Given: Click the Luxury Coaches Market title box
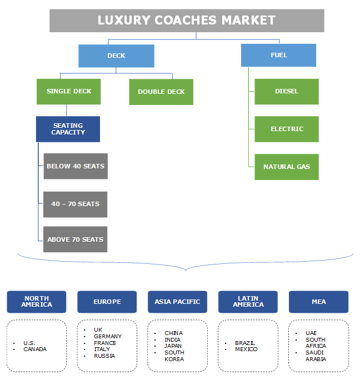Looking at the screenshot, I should pyautogui.click(x=187, y=21).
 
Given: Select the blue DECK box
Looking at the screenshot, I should pyautogui.click(x=116, y=56).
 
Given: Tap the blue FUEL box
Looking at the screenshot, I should pyautogui.click(x=278, y=55).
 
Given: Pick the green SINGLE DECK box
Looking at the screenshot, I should pyautogui.click(x=69, y=91).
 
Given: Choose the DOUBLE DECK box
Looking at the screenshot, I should pyautogui.click(x=161, y=92).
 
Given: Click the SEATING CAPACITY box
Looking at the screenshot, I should pyautogui.click(x=68, y=129).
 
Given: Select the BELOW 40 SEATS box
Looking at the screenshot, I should pyautogui.click(x=76, y=166).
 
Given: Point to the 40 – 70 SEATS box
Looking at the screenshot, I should pyautogui.click(x=76, y=204).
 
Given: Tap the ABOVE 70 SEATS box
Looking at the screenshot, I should pyautogui.click(x=76, y=239).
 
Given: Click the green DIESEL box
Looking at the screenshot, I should pyautogui.click(x=287, y=91).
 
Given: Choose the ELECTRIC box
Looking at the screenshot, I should pyautogui.click(x=287, y=129).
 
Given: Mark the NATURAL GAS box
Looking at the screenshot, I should pyautogui.click(x=287, y=167).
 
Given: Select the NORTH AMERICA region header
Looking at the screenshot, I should pyautogui.click(x=37, y=302).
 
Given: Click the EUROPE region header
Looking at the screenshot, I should pyautogui.click(x=107, y=302).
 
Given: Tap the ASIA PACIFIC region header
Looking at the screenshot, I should pyautogui.click(x=178, y=302).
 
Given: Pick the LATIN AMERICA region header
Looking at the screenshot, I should pyautogui.click(x=248, y=302).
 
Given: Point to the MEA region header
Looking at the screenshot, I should pyautogui.click(x=319, y=302).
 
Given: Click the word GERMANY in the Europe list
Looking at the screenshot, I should pyautogui.click(x=108, y=336).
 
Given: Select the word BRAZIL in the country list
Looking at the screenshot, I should pyautogui.click(x=245, y=343).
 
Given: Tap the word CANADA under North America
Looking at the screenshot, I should pyautogui.click(x=35, y=349).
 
